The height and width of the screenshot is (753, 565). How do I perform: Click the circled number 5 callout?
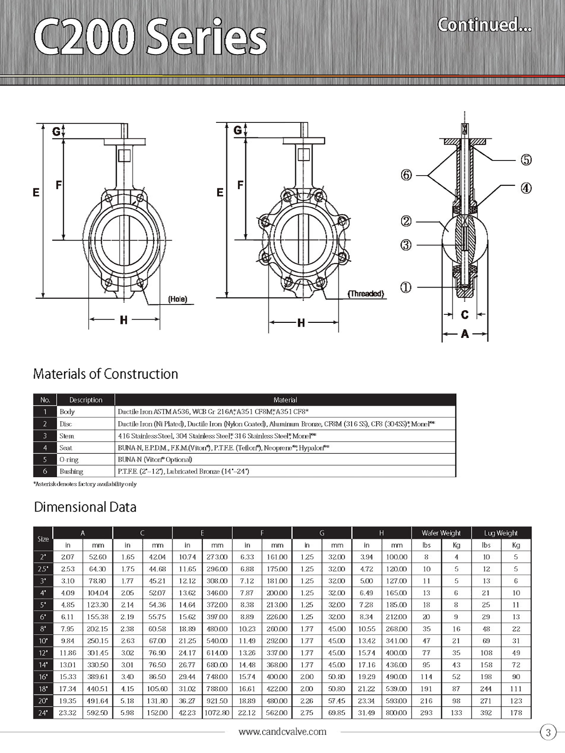[526, 160]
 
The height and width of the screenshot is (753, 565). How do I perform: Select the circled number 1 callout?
[405, 287]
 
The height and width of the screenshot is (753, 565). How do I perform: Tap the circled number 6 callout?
[406, 175]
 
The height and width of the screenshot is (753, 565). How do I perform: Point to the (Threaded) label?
[366, 294]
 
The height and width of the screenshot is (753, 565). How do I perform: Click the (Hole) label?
[178, 299]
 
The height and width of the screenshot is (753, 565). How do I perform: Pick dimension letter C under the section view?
[465, 314]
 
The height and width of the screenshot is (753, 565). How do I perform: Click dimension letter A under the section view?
[465, 334]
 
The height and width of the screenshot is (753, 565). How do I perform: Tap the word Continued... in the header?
[484, 24]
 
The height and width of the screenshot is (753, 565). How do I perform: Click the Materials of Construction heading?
[105, 374]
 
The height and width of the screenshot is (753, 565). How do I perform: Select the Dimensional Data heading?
[85, 507]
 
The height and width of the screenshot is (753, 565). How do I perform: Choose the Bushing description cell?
[71, 471]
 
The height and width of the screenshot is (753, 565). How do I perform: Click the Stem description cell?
[67, 436]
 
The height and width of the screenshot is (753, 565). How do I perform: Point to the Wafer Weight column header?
[441, 533]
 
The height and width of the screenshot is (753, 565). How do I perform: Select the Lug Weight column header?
[501, 533]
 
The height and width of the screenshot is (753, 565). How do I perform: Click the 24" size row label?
[43, 713]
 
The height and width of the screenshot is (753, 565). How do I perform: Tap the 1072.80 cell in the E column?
[217, 713]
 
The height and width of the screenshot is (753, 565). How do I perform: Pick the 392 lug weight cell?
[486, 713]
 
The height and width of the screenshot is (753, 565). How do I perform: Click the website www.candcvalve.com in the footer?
[282, 731]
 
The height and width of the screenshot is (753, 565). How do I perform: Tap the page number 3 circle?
[548, 732]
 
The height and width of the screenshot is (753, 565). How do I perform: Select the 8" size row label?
[43, 629]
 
